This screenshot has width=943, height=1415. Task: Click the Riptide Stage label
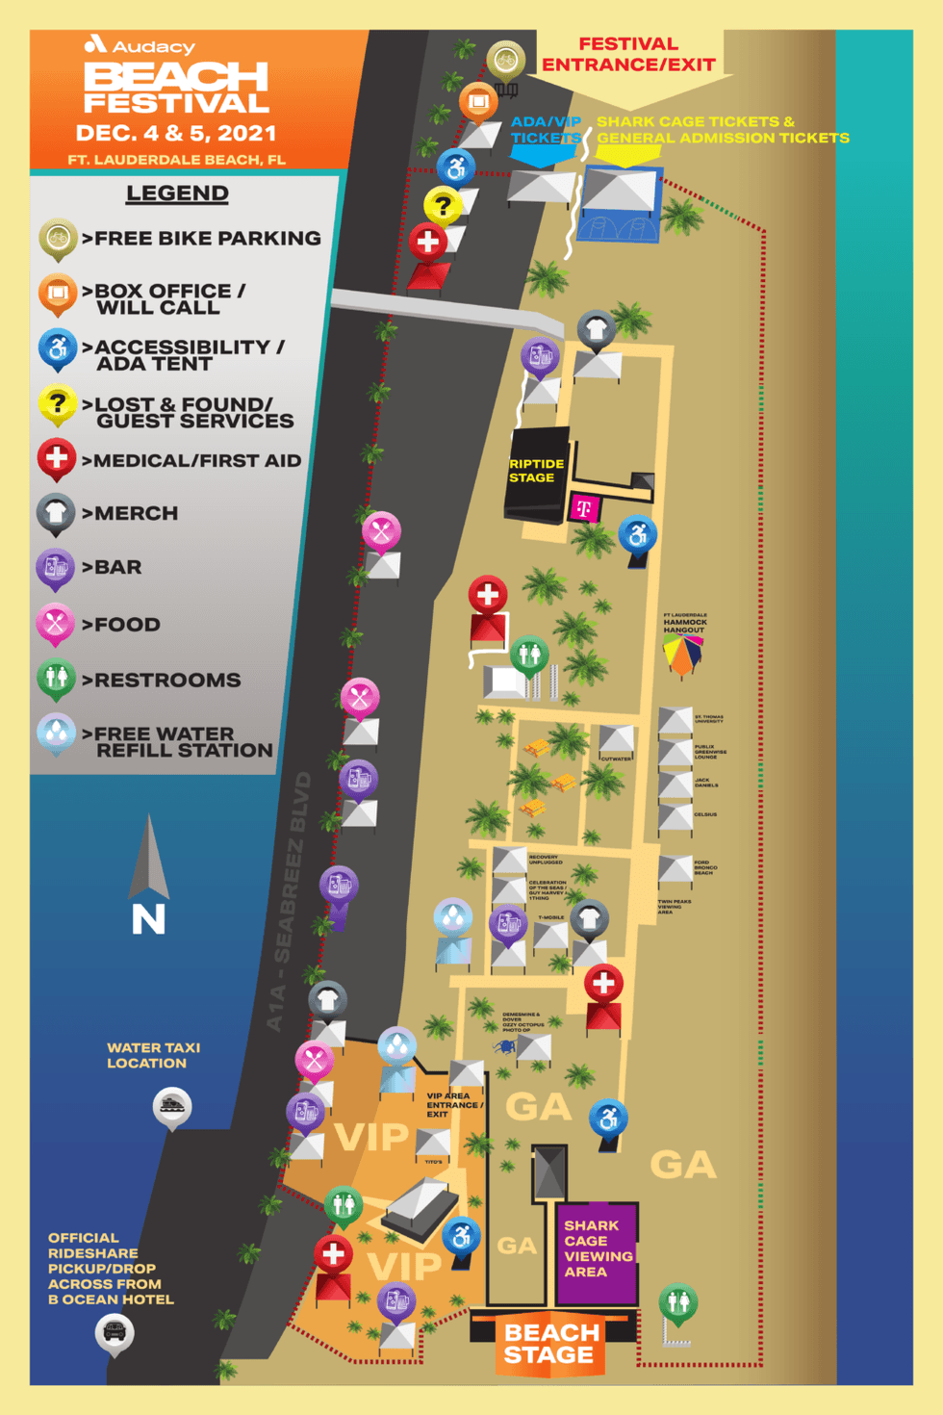[536, 471]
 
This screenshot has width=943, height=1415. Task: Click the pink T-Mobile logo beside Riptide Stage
[584, 507]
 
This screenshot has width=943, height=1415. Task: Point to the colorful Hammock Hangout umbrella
[682, 655]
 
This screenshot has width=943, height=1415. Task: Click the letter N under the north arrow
[148, 920]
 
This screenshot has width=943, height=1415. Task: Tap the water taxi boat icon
[172, 1106]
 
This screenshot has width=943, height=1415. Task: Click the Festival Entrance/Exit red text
[628, 55]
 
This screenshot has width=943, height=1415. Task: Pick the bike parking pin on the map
[505, 60]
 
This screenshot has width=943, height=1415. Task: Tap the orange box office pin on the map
[478, 101]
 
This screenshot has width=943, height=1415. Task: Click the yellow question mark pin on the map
[443, 205]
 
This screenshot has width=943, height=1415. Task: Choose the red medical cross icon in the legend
[57, 457]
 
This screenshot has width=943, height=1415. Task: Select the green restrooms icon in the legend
[56, 677]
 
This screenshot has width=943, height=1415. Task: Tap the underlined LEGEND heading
[177, 193]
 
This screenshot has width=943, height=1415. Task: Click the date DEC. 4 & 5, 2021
[176, 133]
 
